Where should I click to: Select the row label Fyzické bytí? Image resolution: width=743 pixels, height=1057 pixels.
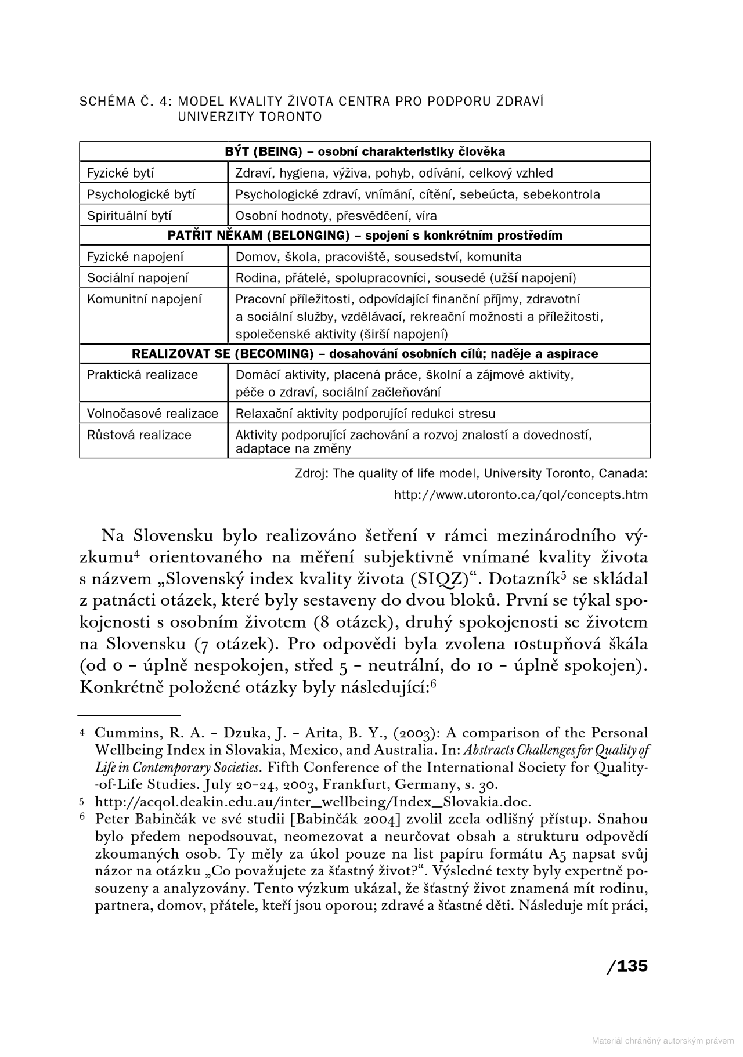121,173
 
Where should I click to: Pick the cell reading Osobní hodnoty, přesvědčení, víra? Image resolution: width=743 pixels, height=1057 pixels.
336,216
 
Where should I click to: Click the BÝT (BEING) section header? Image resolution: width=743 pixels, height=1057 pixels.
365,152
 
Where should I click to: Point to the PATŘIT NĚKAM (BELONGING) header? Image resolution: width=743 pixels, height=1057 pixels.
365,236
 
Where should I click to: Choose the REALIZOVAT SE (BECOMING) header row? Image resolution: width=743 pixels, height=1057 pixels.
365,354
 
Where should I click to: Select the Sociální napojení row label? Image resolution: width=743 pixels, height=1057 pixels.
138,278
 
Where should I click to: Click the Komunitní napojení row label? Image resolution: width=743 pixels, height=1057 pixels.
145,299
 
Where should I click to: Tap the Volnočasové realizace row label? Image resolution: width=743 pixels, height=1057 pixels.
153,414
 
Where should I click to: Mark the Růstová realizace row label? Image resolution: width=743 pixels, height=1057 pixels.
139,435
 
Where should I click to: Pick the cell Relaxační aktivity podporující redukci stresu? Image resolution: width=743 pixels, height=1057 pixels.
365,414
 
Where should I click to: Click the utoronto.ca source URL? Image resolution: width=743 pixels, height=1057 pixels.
521,495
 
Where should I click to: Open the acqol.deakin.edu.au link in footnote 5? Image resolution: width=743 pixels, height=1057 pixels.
313,802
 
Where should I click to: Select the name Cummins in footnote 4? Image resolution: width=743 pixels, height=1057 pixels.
120,733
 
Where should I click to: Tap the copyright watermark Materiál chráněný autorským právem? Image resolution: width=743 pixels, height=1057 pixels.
662,1041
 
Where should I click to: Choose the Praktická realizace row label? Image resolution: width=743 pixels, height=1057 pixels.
142,375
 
